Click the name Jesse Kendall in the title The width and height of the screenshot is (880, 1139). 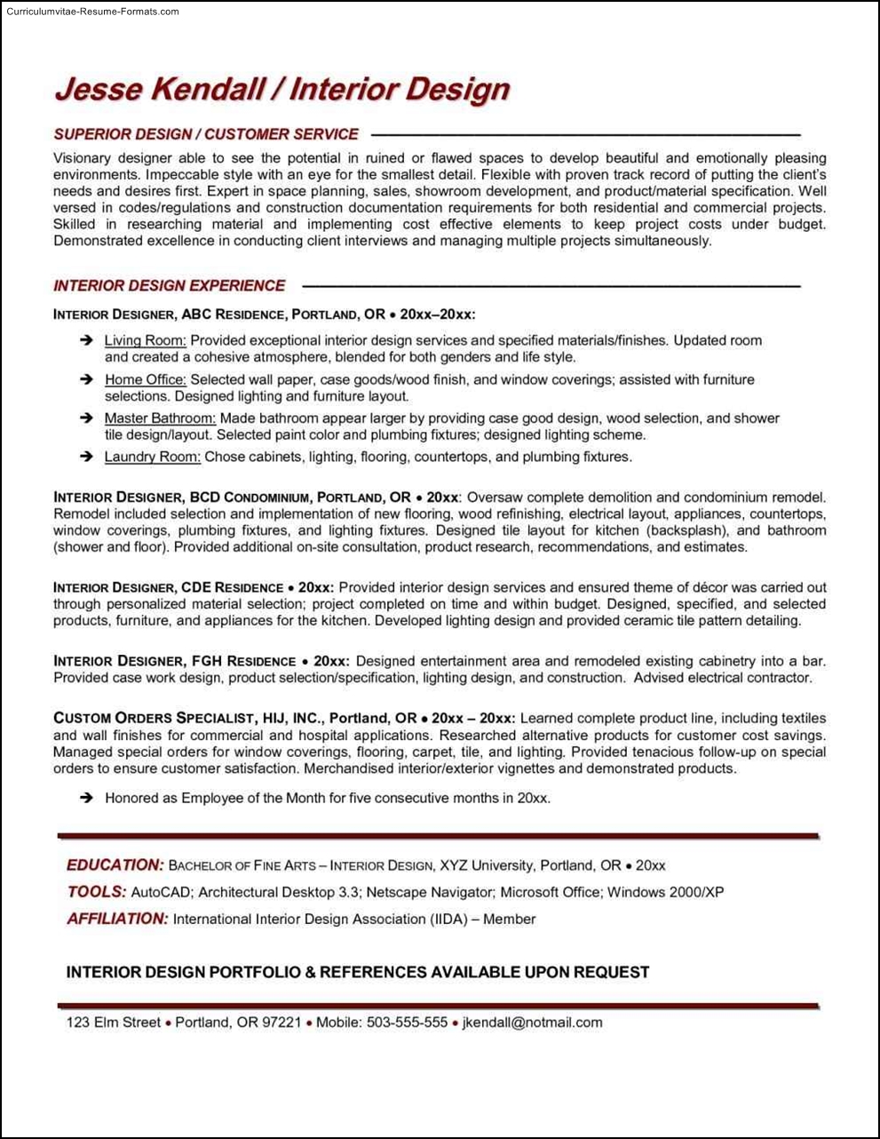(x=160, y=89)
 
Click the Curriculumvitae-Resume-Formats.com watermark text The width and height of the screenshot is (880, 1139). (x=92, y=12)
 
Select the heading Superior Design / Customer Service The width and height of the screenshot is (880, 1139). (x=206, y=134)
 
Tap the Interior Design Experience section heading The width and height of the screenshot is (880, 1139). (x=170, y=285)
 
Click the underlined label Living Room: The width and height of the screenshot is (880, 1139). (x=145, y=340)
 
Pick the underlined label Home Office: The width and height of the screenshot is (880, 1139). (x=145, y=379)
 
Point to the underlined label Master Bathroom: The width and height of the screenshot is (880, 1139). (x=160, y=418)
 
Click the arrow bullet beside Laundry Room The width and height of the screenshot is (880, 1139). (x=86, y=457)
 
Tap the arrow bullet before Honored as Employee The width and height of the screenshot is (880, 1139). (x=86, y=798)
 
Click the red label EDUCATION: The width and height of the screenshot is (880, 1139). (x=115, y=864)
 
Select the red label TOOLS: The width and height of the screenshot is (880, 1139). (x=96, y=891)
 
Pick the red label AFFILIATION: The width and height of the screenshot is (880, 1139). (x=116, y=919)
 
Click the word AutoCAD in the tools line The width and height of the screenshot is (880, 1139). (x=161, y=892)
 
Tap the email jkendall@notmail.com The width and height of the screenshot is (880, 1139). (x=532, y=1023)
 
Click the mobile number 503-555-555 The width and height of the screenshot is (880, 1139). (x=407, y=1023)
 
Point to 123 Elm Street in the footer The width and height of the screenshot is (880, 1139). (x=114, y=1023)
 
